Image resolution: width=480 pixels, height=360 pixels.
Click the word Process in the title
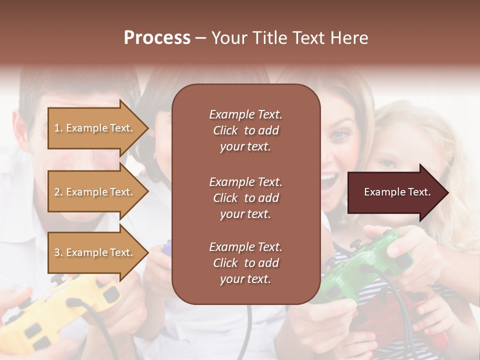[157, 38]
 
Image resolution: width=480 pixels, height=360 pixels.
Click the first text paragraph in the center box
[245, 130]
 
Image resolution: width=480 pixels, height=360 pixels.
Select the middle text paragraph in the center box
[245, 198]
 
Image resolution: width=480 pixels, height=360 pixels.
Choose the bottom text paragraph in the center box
[245, 263]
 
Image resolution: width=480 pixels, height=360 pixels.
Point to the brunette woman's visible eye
[339, 134]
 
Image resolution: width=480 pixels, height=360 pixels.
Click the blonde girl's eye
[387, 164]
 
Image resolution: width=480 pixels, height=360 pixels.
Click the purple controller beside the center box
[166, 247]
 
